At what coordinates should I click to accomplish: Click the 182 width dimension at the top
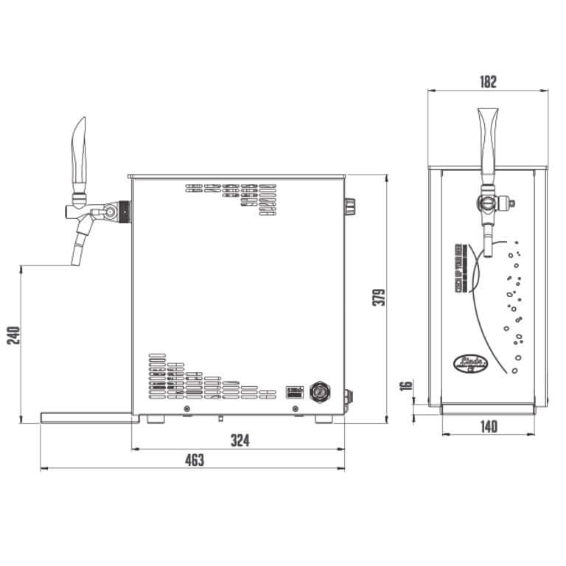[487, 82]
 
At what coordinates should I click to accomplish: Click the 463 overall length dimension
[193, 461]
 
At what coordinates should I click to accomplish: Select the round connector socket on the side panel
[321, 391]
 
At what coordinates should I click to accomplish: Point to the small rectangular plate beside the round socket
[295, 392]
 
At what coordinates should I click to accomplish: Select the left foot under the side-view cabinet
[156, 419]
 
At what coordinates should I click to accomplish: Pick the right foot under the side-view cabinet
[324, 419]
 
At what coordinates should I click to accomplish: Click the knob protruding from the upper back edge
[350, 206]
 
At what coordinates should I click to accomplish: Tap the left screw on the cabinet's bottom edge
[186, 408]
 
